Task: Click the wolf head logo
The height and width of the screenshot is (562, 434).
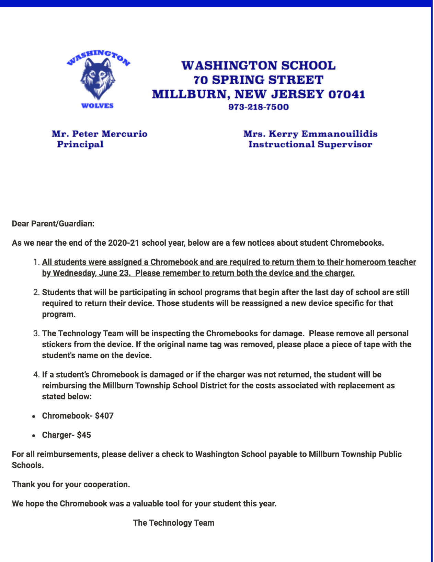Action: point(98,78)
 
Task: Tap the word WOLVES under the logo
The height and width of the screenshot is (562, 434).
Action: point(98,106)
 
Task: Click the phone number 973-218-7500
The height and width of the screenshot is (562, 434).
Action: point(259,107)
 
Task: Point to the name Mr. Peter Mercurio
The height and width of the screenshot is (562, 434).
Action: point(100,134)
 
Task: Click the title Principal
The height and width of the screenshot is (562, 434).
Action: point(80,144)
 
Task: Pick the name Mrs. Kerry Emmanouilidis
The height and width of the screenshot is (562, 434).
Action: point(310,134)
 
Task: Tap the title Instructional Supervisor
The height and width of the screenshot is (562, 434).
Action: point(310,144)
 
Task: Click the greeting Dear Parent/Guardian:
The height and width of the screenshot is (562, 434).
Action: point(53,224)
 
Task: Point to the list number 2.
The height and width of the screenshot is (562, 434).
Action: point(36,292)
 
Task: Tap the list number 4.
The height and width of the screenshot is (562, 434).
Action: point(36,375)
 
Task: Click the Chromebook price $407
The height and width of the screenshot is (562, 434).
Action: point(104,416)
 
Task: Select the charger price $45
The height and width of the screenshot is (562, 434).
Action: point(84,435)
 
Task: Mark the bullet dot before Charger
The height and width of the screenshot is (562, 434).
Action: point(34,435)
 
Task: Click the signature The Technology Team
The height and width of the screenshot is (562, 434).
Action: point(174,523)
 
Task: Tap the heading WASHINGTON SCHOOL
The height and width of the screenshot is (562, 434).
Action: point(259,66)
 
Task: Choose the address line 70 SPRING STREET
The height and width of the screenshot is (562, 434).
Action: point(259,80)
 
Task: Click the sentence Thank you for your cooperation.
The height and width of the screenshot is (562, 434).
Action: point(71,484)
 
